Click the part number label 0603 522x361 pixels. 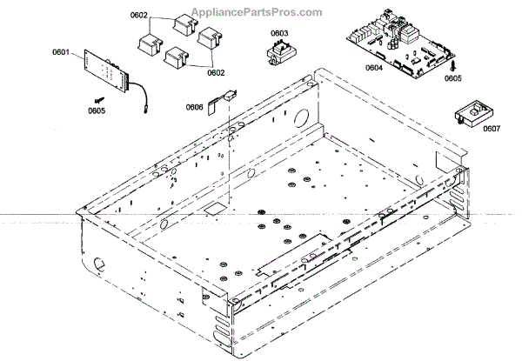pyautogui.click(x=279, y=34)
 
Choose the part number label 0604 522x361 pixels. pyautogui.click(x=374, y=67)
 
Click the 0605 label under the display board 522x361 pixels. pyautogui.click(x=97, y=110)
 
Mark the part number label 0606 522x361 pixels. pyautogui.click(x=195, y=107)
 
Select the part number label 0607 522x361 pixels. pyautogui.click(x=491, y=130)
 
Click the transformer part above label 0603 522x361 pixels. pyautogui.click(x=278, y=53)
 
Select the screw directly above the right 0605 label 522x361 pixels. pyautogui.click(x=453, y=63)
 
